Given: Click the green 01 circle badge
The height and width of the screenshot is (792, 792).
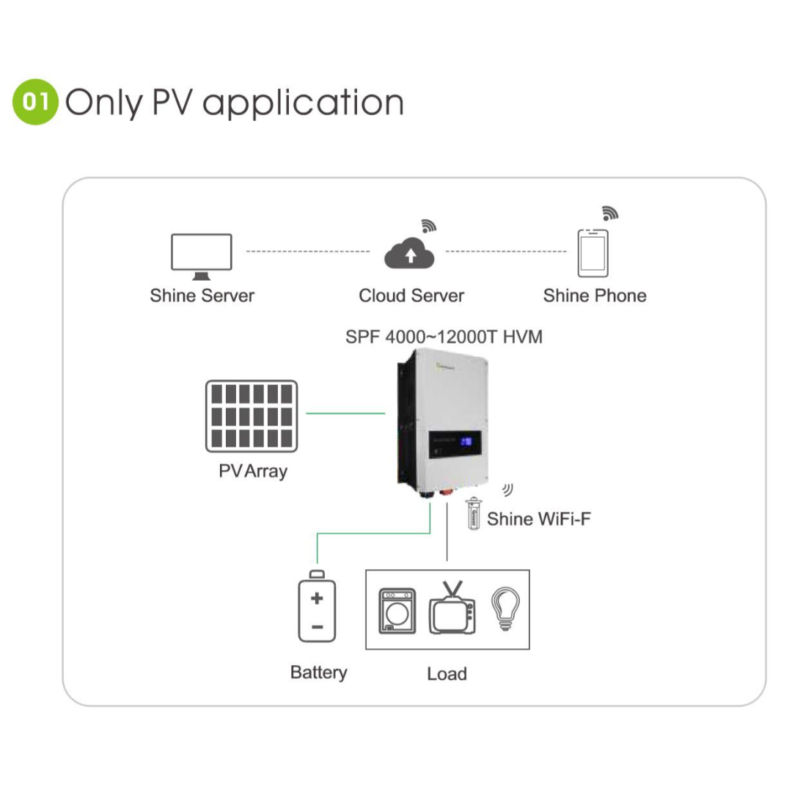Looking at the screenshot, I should tap(35, 102).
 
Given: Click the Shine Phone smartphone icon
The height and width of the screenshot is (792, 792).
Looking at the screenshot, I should tap(593, 253).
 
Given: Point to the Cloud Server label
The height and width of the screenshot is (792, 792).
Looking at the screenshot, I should tap(411, 296).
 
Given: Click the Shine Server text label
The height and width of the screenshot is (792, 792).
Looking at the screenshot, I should tap(202, 296).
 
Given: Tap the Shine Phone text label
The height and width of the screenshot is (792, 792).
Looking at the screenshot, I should tap(595, 296).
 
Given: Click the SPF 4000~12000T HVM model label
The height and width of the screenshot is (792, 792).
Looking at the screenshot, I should tap(444, 337).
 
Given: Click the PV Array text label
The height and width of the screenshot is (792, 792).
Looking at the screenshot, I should tap(253, 471).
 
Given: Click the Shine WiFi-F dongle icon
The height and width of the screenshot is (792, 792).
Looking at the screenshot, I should tap(474, 513).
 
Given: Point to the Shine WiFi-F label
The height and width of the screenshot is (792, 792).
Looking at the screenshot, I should tap(539, 519).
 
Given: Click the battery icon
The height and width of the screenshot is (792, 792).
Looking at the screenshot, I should tap(317, 609).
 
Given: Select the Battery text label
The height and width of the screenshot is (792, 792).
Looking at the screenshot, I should tap(318, 672).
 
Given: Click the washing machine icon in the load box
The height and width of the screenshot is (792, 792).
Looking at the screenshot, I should tap(396, 610).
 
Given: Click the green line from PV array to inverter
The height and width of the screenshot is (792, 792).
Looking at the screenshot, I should tap(345, 414).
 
